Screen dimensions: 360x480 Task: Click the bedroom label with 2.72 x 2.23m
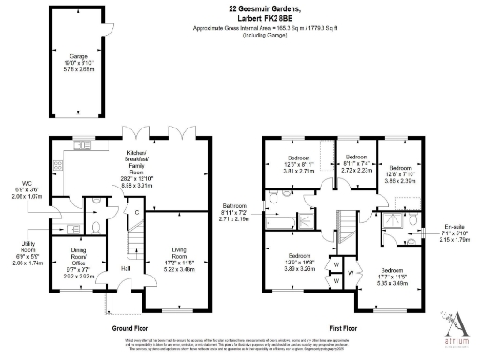click(354, 164)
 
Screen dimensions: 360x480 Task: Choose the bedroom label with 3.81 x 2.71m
click(300, 166)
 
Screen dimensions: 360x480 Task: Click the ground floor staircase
click(132, 248)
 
